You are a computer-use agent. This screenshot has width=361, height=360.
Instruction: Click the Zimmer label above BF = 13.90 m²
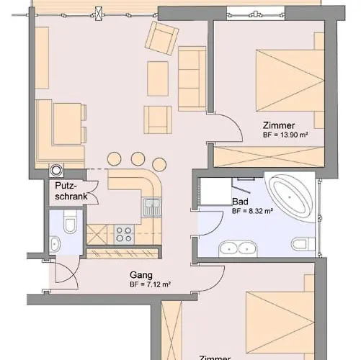tap(278, 125)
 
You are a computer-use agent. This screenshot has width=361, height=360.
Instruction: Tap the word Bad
tap(240, 202)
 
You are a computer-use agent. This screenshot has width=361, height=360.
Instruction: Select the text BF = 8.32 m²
tap(251, 212)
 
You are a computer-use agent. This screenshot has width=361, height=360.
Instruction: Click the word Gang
tap(140, 274)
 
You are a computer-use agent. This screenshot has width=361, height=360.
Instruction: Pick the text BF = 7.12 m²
tap(149, 284)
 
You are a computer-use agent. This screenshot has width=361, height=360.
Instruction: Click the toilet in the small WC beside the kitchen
tap(69, 225)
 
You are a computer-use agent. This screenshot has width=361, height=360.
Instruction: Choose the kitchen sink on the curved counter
tap(151, 209)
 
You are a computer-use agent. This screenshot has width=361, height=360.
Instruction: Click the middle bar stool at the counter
tap(137, 158)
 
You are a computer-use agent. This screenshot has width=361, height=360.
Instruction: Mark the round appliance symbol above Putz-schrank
tap(56, 171)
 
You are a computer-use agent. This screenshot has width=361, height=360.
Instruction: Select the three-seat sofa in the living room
tap(190, 76)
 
